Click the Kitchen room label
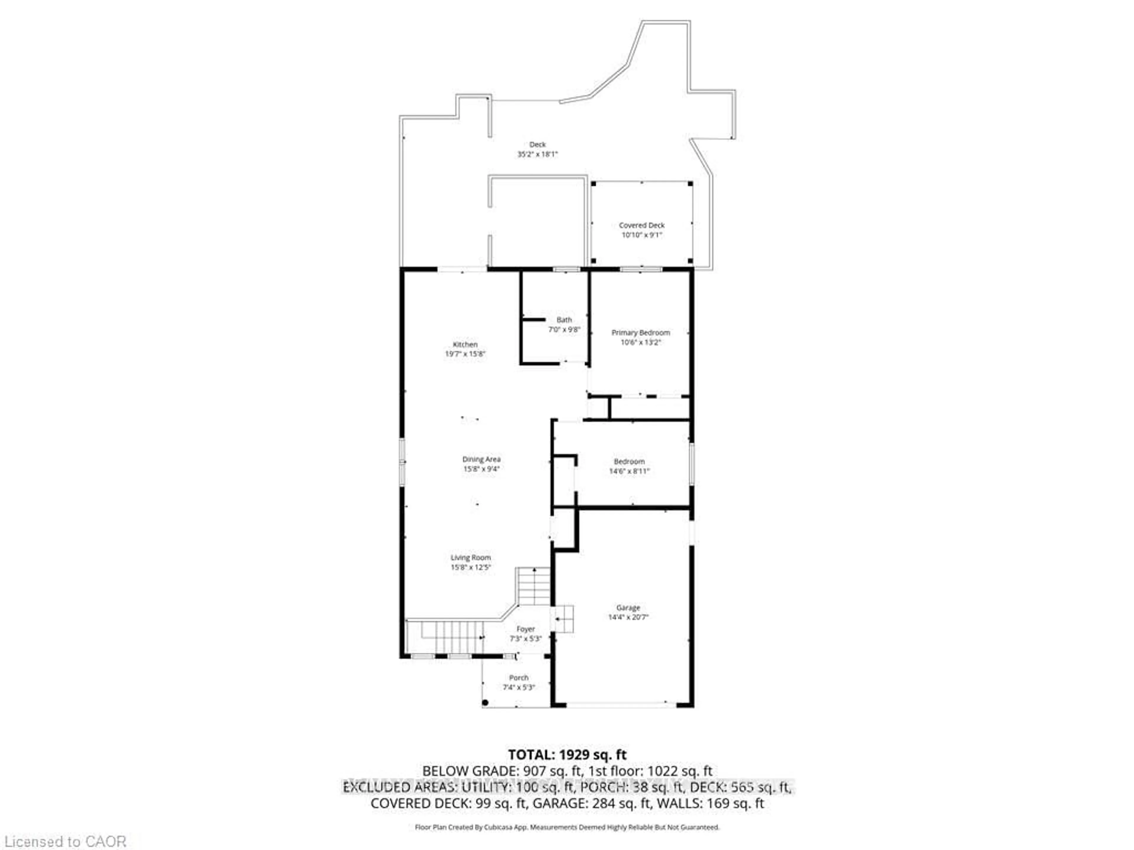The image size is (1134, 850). [465, 344]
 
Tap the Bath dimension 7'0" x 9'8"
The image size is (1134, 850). [564, 329]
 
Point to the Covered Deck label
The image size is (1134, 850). [641, 225]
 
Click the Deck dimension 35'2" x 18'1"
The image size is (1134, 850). [537, 154]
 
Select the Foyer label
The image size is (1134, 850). [525, 629]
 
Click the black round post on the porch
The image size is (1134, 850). [485, 702]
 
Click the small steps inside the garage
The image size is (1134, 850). [562, 619]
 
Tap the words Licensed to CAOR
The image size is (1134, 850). [65, 841]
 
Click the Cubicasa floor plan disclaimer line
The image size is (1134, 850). [567, 827]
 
